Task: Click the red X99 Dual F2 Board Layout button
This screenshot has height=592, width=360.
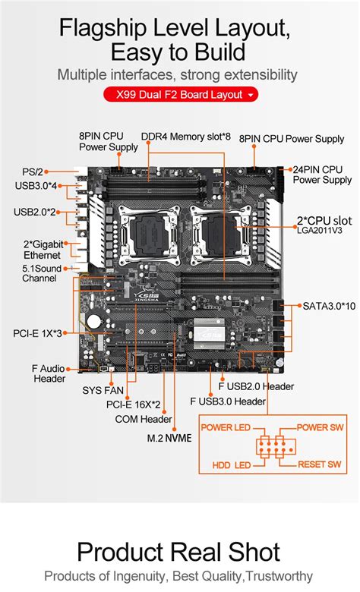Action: (x=180, y=95)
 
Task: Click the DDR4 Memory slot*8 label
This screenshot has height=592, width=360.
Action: (x=185, y=137)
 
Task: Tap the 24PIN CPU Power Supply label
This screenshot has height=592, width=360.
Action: (x=322, y=174)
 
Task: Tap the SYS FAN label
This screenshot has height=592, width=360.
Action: (x=103, y=391)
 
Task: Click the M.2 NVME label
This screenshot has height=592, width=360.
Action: (x=169, y=438)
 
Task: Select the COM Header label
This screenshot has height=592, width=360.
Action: (x=144, y=419)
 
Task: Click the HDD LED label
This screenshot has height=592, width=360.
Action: (x=232, y=464)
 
